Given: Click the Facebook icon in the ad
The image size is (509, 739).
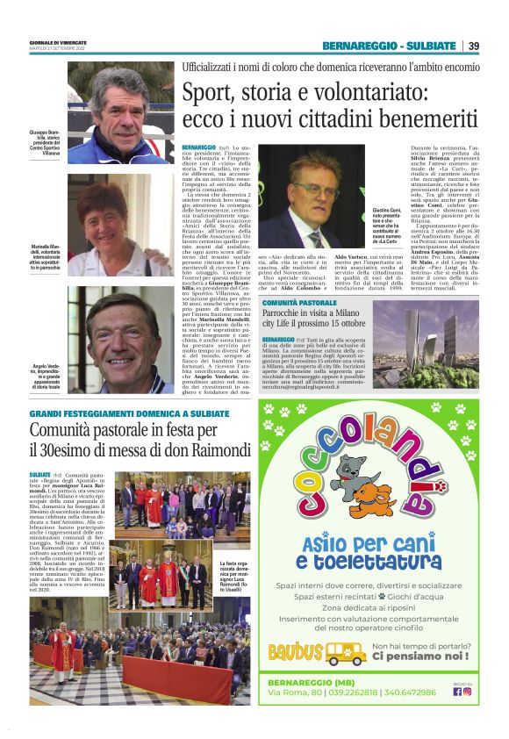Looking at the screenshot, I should coord(457,691).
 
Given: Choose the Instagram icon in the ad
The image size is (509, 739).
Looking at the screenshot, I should coord(467,691).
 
